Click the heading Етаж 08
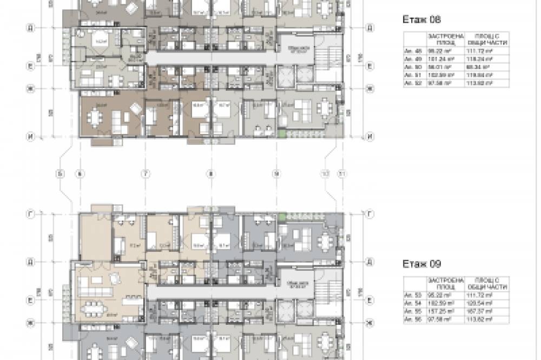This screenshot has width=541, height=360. (x=422, y=19)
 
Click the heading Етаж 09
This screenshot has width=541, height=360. (x=422, y=264)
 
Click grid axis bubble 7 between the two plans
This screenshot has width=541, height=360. (x=144, y=174)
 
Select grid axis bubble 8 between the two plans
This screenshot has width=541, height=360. (x=211, y=174)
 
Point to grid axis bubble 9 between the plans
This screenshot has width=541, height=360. (x=276, y=174)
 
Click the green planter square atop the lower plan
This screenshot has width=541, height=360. (x=282, y=216)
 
